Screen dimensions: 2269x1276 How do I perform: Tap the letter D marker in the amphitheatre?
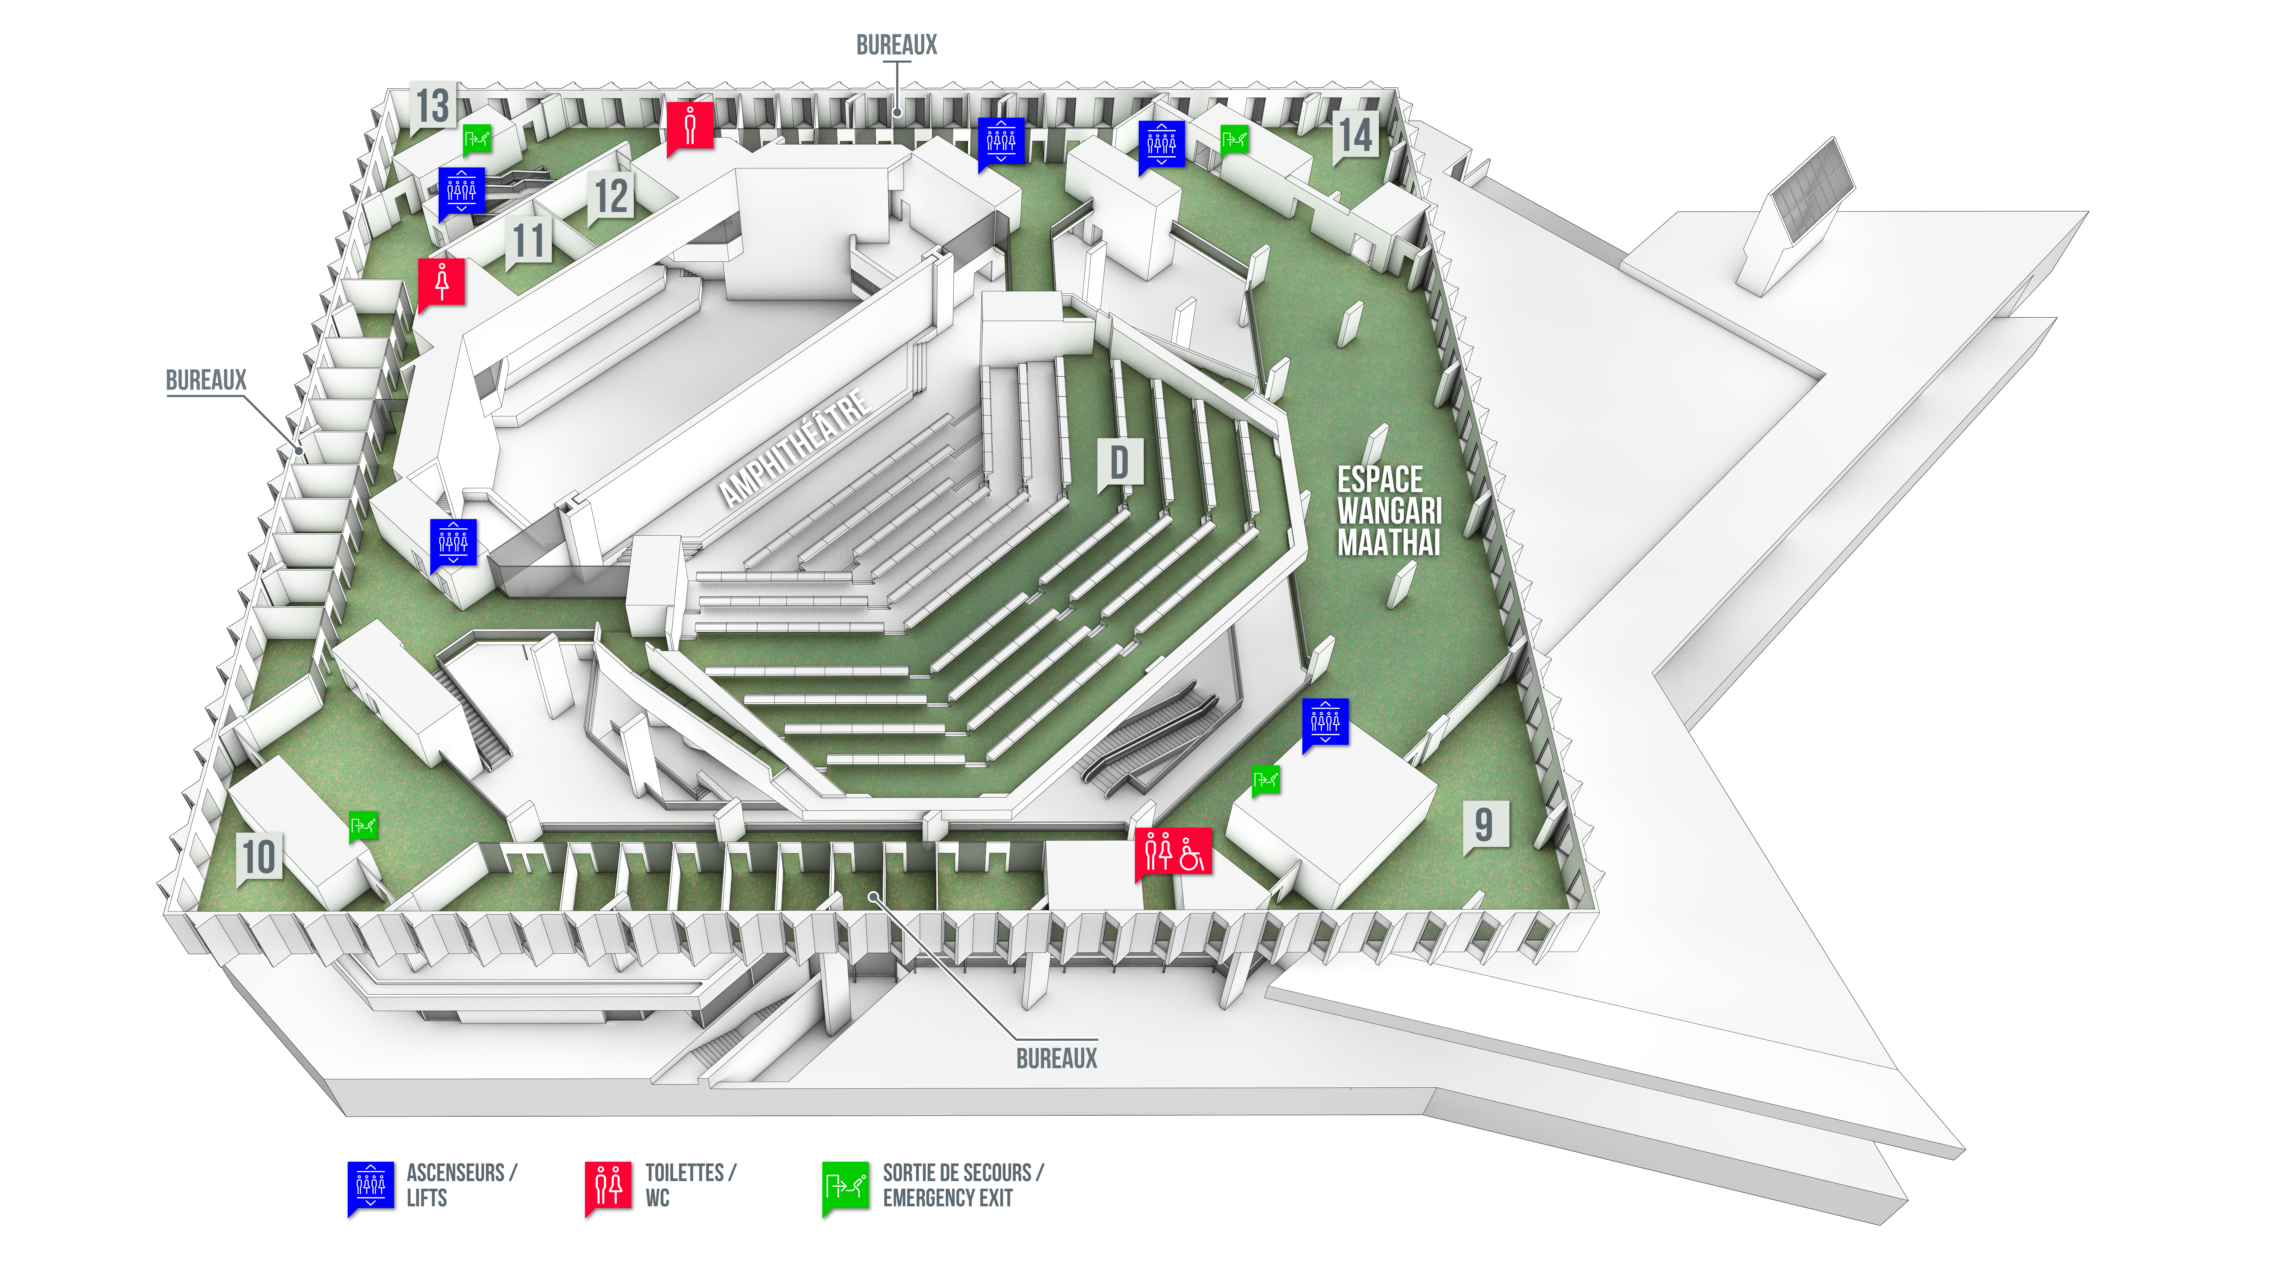(1120, 463)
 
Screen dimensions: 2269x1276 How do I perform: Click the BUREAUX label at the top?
(897, 45)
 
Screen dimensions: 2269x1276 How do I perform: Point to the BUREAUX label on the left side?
(206, 381)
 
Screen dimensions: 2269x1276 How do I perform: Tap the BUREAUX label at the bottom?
(1057, 1059)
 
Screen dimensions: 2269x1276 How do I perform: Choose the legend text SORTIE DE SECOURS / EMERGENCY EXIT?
(963, 1185)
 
